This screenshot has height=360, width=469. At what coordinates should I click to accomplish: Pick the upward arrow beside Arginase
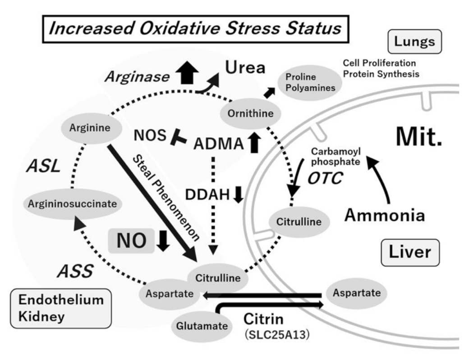click(x=190, y=73)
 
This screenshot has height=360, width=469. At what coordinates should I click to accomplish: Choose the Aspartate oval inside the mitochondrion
click(x=356, y=293)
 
